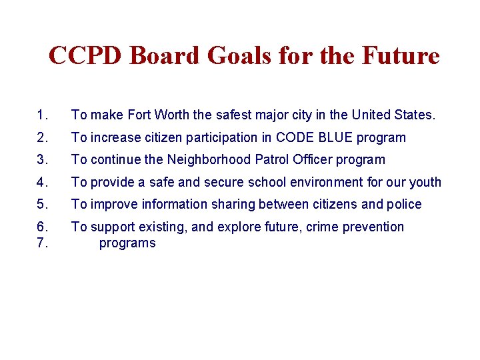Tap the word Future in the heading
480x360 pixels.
pyautogui.click(x=400, y=55)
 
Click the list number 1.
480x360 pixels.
pyautogui.click(x=43, y=115)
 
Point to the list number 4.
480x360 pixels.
pyautogui.click(x=43, y=182)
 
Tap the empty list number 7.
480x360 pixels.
pyautogui.click(x=43, y=243)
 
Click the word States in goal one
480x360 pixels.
pyautogui.click(x=415, y=115)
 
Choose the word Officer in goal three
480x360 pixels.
pyautogui.click(x=311, y=160)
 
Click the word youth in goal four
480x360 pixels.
pyautogui.click(x=425, y=182)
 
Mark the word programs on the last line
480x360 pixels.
pyautogui.click(x=127, y=243)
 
